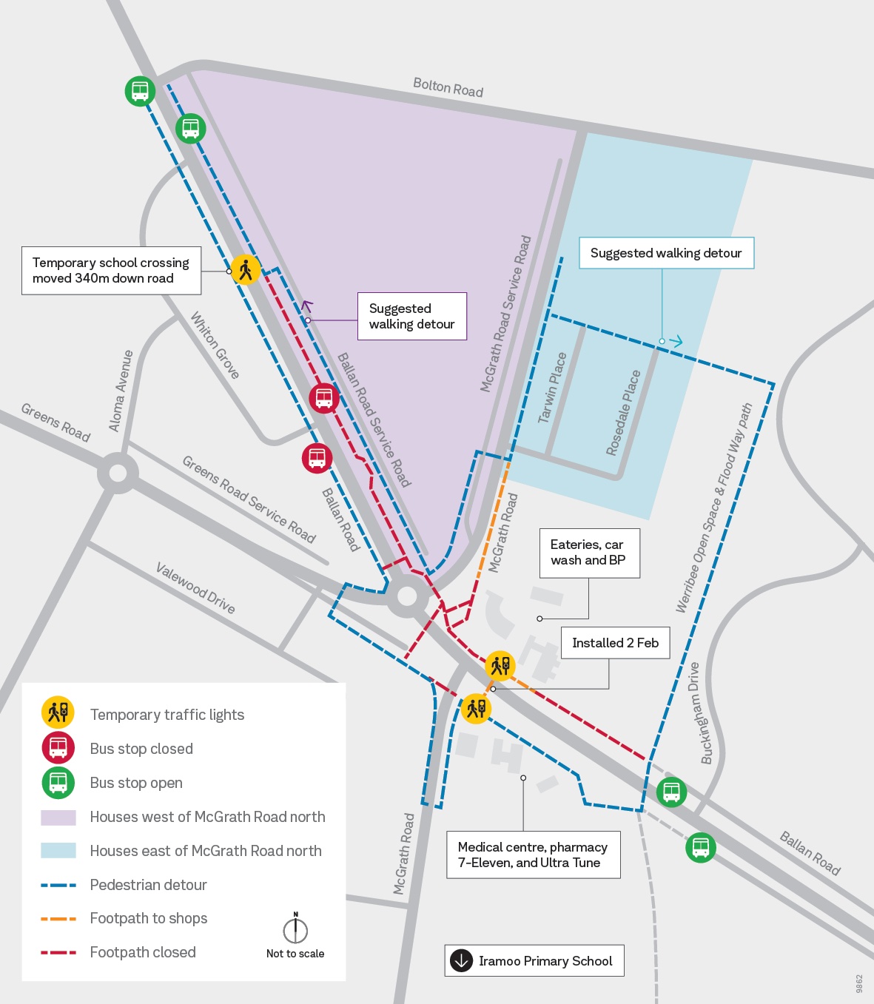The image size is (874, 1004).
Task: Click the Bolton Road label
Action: (448, 87)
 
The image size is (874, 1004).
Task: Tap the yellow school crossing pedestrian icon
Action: (245, 270)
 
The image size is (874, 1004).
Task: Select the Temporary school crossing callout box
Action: (111, 271)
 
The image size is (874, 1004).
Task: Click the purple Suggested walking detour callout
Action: (411, 317)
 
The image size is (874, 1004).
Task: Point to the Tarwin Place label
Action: (552, 388)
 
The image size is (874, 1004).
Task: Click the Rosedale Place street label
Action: (623, 413)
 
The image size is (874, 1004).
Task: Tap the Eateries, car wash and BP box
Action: (588, 553)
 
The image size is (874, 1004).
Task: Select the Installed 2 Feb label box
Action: (615, 643)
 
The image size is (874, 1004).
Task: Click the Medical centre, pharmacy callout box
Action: (533, 855)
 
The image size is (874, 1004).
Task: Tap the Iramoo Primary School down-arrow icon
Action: (462, 961)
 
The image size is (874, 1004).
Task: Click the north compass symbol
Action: (295, 929)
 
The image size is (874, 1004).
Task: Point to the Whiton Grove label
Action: (215, 346)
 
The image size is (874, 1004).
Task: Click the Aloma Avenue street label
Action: (121, 391)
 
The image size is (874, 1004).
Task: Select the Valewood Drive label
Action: (195, 588)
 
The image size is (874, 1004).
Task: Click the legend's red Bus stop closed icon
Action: (58, 748)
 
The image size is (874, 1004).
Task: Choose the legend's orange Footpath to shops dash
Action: (58, 919)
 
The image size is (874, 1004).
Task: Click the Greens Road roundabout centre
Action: (118, 473)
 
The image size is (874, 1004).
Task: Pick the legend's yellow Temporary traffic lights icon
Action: (58, 713)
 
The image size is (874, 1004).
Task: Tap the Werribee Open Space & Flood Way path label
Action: (713, 508)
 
